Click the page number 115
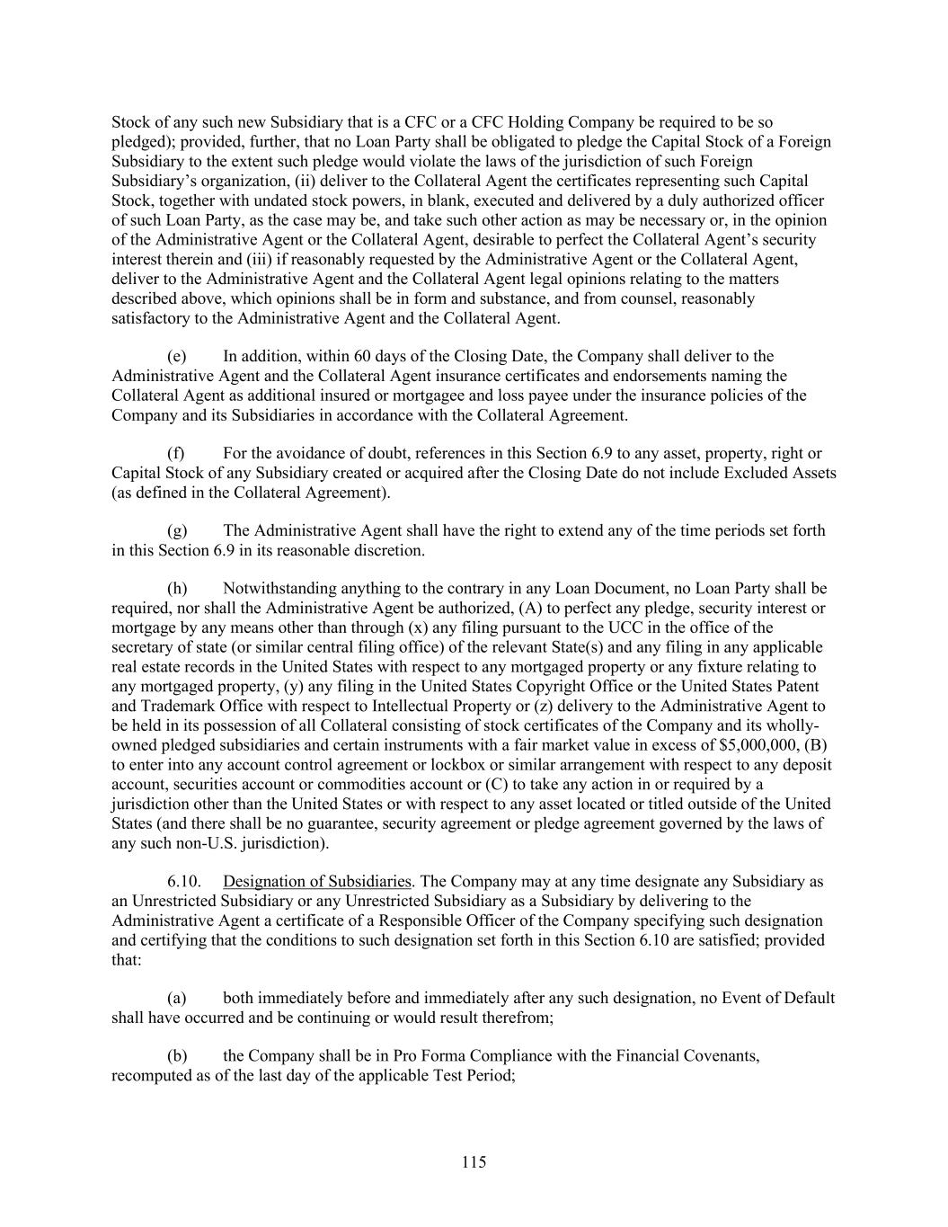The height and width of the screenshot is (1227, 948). pos(474,1162)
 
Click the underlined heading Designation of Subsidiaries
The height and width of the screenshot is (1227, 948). pos(316,881)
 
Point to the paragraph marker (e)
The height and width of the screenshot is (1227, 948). pos(177,356)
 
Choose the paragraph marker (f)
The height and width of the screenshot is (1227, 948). pos(176,453)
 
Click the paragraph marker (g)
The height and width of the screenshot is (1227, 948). pos(177,530)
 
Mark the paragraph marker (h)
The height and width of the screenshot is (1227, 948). pos(177,589)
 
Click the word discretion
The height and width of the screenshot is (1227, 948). pos(385,550)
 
